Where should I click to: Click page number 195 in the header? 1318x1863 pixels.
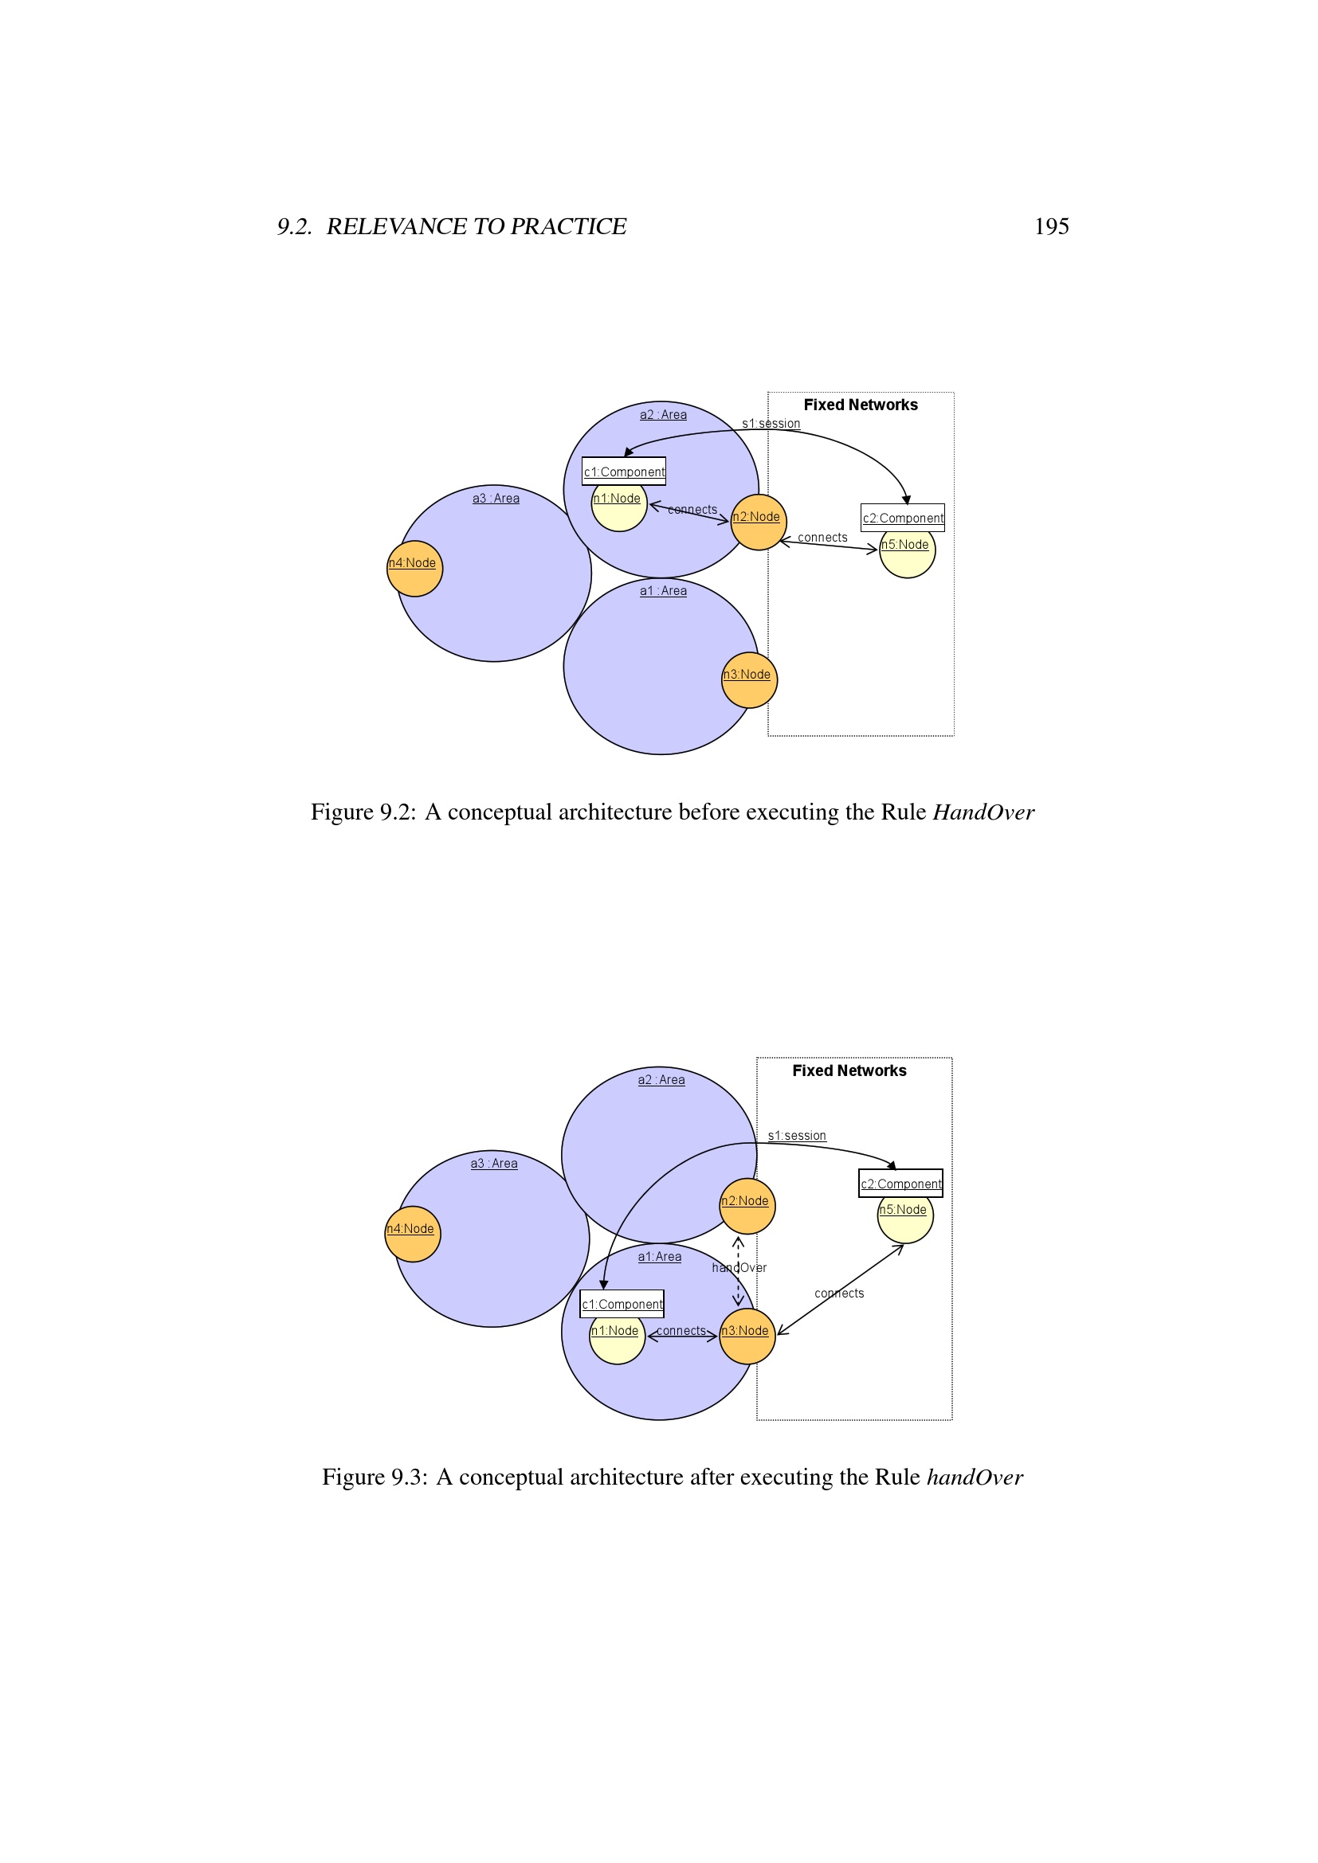point(1051,226)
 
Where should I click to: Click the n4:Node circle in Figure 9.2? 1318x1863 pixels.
point(414,569)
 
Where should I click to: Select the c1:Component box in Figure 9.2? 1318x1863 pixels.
point(624,472)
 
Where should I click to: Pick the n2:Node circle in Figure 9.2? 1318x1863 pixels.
point(759,523)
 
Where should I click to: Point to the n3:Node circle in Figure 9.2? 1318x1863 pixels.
point(749,680)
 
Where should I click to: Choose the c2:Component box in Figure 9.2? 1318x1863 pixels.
point(903,518)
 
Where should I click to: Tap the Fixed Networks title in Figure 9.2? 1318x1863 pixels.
point(861,405)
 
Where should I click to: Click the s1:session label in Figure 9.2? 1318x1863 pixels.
point(771,424)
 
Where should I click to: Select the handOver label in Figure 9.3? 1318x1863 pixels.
point(739,1267)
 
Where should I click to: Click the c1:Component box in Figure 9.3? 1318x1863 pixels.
point(622,1304)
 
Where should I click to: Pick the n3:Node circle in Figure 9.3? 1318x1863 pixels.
point(747,1337)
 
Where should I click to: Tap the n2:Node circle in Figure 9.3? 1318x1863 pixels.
point(747,1207)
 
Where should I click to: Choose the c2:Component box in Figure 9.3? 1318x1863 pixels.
point(901,1183)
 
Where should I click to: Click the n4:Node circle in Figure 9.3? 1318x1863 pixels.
point(412,1234)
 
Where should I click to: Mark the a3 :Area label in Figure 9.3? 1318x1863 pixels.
point(493,1164)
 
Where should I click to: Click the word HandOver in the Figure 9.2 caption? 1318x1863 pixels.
point(983,812)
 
